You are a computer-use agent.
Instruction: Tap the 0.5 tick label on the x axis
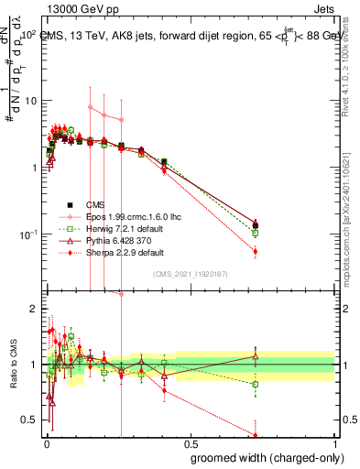pyautogui.click(x=189, y=442)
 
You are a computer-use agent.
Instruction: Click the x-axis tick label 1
pyautogui.click(x=333, y=442)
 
